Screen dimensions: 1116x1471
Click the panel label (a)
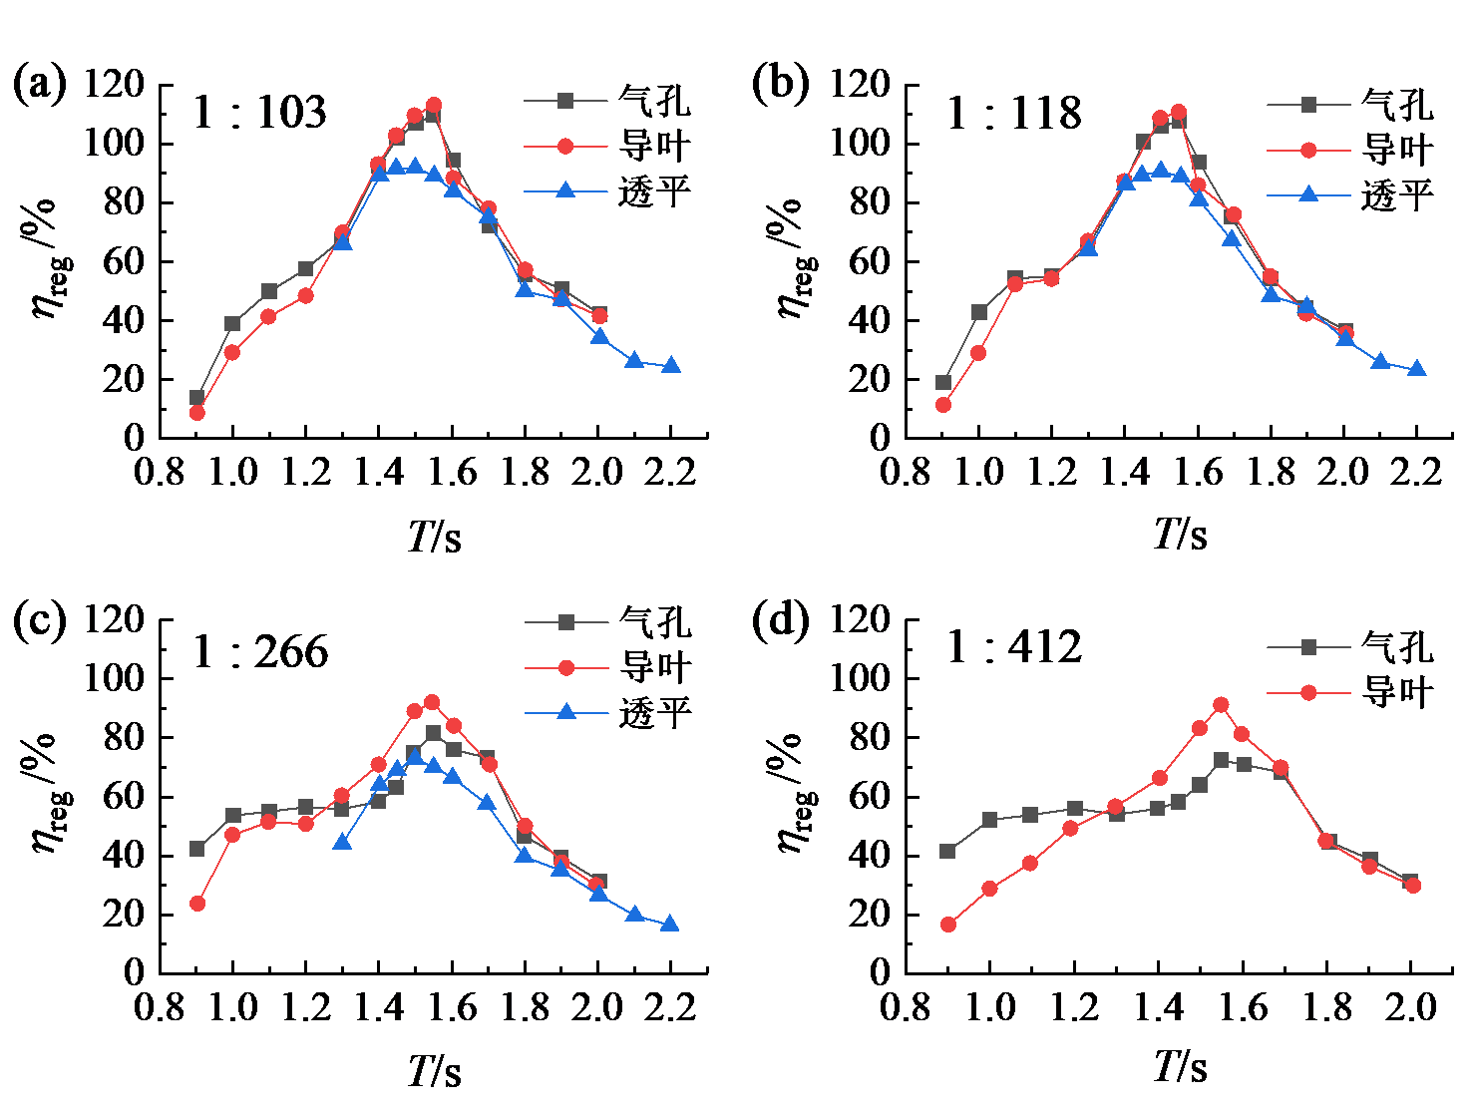tap(39, 84)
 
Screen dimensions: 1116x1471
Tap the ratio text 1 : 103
tap(259, 112)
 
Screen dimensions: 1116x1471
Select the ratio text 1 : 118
tap(1013, 113)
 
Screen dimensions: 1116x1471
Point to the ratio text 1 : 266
tap(260, 652)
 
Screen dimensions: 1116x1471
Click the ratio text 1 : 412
tap(1013, 647)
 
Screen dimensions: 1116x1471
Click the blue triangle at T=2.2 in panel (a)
tap(671, 366)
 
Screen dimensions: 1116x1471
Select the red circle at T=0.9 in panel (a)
tap(196, 412)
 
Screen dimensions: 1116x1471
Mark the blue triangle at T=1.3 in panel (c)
tap(342, 842)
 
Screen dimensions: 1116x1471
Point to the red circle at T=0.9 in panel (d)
tap(948, 925)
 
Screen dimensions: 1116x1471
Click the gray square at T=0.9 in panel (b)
tap(943, 382)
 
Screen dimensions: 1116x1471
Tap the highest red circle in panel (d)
tap(1221, 705)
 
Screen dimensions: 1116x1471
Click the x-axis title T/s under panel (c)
tap(435, 1072)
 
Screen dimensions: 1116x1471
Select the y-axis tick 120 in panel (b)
tap(860, 84)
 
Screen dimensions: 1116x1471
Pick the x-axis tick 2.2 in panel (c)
tap(670, 1007)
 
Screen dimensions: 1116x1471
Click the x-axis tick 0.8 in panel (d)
tap(906, 1007)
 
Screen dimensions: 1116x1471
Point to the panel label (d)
tap(780, 620)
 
